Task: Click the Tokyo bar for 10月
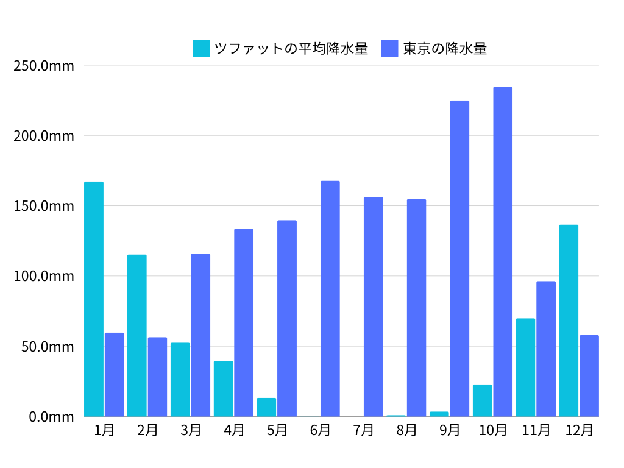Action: (x=503, y=252)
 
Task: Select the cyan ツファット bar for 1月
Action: (x=94, y=299)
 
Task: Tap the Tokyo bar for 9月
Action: (x=459, y=258)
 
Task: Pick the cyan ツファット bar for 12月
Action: (x=569, y=321)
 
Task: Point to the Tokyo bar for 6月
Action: (x=330, y=299)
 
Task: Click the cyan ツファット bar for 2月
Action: (x=137, y=336)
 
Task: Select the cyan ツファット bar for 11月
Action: (x=525, y=367)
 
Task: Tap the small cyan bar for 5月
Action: (x=266, y=407)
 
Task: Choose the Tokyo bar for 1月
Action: (x=114, y=375)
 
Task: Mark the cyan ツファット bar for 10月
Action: (x=482, y=400)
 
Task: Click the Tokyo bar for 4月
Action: (x=244, y=322)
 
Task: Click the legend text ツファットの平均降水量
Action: (x=291, y=48)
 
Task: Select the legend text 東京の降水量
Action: (x=445, y=48)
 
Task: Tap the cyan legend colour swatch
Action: (x=201, y=48)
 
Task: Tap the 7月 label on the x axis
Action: (x=364, y=430)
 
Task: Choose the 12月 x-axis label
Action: (x=579, y=430)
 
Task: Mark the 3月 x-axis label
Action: (x=191, y=430)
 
